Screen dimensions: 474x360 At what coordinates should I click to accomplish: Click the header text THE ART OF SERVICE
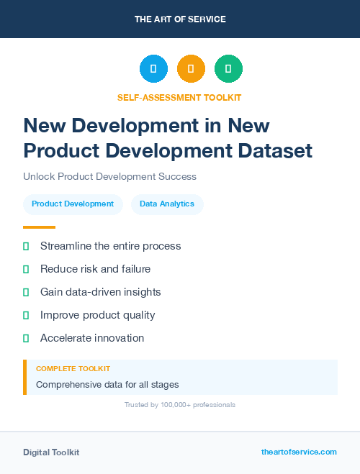tap(180, 19)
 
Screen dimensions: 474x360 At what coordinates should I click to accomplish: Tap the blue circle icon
tap(153, 69)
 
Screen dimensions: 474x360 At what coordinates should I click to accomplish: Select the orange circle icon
tap(191, 69)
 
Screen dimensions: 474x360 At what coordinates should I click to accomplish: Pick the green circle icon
tap(228, 69)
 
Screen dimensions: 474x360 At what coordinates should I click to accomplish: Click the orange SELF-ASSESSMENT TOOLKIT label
tap(180, 97)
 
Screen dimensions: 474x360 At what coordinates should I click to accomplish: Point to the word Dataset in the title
tap(278, 150)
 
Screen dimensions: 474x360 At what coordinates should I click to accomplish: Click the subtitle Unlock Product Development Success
tap(109, 176)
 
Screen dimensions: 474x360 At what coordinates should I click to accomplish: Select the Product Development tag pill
tap(73, 204)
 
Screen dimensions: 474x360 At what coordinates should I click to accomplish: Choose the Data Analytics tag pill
tap(167, 204)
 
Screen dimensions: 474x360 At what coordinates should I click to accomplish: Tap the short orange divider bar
tap(39, 227)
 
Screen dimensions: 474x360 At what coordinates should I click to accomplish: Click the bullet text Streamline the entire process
tap(110, 246)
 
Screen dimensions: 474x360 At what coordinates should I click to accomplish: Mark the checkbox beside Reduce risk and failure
tap(26, 269)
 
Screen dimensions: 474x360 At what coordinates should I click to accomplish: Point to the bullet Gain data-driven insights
tap(100, 292)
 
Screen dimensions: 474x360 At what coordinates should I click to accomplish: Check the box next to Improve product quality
tap(26, 315)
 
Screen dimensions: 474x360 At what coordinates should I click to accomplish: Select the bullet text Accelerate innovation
tap(92, 338)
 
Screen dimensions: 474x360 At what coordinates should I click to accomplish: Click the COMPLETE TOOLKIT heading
tap(73, 368)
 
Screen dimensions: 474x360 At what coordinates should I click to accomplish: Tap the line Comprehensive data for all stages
tap(107, 384)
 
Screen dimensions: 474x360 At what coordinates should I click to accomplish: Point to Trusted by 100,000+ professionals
tap(180, 405)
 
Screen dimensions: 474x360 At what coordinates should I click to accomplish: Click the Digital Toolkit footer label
tap(51, 452)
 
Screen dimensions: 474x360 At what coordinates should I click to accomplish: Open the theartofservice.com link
tap(299, 452)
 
